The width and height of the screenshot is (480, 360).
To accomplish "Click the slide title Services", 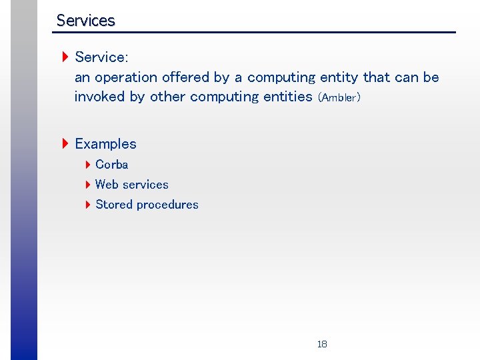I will [85, 21].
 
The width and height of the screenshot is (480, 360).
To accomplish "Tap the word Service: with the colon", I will [101, 57].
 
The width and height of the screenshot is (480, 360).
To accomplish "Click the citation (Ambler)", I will [339, 98].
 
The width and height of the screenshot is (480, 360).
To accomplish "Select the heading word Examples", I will [105, 144].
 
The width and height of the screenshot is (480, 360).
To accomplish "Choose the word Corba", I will [111, 165].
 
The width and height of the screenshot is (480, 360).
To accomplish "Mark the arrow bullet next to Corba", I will [88, 165].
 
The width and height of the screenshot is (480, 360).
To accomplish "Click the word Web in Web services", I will [106, 185].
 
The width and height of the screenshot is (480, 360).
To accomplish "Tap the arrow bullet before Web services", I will [88, 185].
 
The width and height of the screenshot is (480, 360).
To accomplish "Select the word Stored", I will [115, 205].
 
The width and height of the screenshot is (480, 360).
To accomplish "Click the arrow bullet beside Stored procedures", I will [88, 205].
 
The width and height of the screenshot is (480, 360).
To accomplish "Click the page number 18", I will [322, 344].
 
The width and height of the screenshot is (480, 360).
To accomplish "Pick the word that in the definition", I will [377, 77].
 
